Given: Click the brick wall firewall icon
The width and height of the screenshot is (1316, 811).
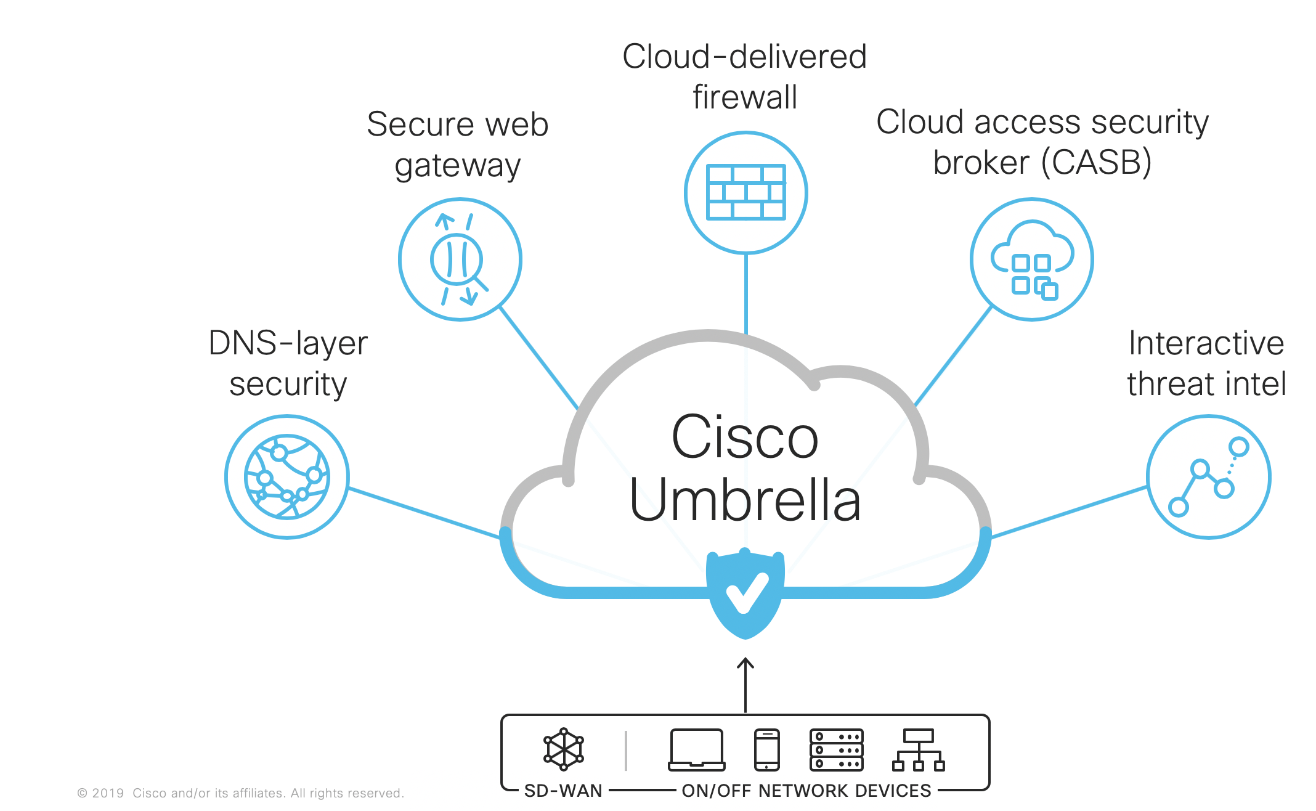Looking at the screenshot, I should [745, 192].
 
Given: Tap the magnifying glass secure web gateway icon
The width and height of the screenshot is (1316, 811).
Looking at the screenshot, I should [460, 259].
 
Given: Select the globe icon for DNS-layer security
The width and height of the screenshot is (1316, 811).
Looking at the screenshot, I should [287, 476].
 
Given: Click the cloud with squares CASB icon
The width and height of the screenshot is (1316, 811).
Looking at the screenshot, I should [1032, 259].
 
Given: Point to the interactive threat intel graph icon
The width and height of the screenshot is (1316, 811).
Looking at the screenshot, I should [1208, 476].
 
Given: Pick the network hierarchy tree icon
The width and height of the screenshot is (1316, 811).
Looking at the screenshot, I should [918, 750].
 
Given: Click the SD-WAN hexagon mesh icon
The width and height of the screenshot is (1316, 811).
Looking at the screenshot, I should [563, 749].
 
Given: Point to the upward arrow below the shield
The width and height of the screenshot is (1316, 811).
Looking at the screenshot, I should [745, 684].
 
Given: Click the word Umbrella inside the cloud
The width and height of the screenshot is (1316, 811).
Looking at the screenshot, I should [745, 500].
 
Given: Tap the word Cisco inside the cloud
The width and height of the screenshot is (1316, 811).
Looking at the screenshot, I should [745, 438].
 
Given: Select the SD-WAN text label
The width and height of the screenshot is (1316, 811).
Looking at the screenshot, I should [563, 791].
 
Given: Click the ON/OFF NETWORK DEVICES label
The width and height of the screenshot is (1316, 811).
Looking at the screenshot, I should [806, 791].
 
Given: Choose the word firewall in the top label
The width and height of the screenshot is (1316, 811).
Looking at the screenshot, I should [745, 97].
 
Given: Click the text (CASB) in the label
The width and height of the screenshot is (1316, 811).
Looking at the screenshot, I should [1096, 163].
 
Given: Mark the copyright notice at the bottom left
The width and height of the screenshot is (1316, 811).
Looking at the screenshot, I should [240, 793].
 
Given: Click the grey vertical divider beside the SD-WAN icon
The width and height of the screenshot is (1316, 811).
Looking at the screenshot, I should [626, 750].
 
